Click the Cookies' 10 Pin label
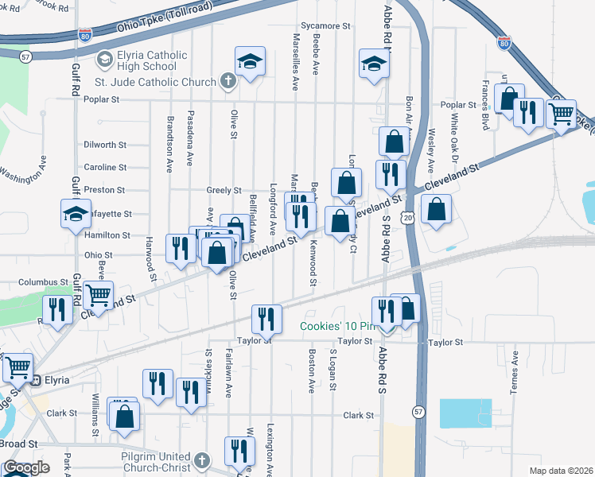pyautogui.click(x=338, y=327)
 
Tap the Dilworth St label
pyautogui.click(x=105, y=145)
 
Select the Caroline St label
pyautogui.click(x=105, y=168)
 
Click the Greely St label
pyautogui.click(x=224, y=191)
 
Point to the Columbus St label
pyautogui.click(x=44, y=282)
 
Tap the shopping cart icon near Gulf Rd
pyautogui.click(x=98, y=294)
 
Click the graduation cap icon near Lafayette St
pyautogui.click(x=76, y=214)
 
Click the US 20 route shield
pyautogui.click(x=408, y=217)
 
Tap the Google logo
pyautogui.click(x=26, y=467)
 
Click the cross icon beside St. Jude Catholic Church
pyautogui.click(x=228, y=82)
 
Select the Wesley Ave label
pyautogui.click(x=430, y=150)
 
